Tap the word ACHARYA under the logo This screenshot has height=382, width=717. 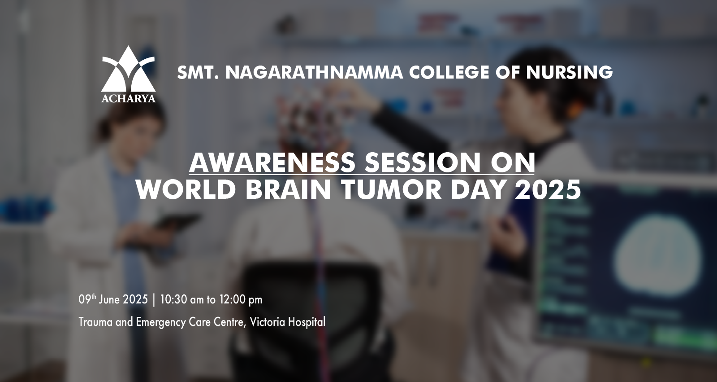point(128,98)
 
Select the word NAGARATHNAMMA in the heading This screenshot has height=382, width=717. point(314,72)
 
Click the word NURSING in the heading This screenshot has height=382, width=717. point(570,72)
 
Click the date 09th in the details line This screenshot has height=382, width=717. point(87,299)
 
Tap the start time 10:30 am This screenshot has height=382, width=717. point(182,299)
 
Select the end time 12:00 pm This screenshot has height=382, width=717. point(241,299)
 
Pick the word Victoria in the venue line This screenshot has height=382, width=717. point(268,322)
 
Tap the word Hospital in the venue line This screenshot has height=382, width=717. point(307,322)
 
